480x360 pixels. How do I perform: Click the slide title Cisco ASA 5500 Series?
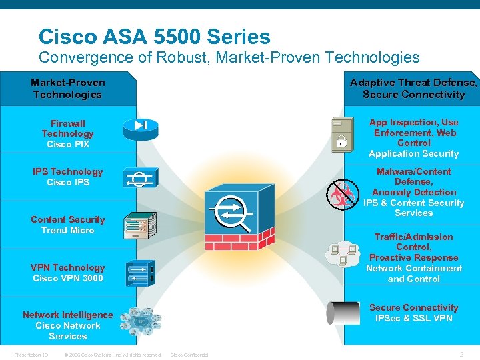(x=155, y=36)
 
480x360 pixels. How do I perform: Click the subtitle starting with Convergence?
(x=229, y=57)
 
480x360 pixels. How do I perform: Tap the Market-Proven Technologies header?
(x=67, y=89)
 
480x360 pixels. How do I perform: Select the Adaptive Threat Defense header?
(x=413, y=89)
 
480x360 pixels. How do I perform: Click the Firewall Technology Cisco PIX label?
(x=67, y=133)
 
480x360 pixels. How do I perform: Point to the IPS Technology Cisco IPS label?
(x=67, y=177)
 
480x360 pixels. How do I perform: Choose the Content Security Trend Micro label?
(x=67, y=225)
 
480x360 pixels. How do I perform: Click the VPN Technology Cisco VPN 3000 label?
(x=67, y=273)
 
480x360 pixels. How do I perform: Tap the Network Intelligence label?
(x=67, y=325)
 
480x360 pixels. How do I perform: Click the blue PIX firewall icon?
(x=139, y=126)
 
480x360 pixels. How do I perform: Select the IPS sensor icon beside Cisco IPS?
(x=139, y=177)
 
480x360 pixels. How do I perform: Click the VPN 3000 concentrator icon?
(x=140, y=273)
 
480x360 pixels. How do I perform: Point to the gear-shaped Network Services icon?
(x=141, y=321)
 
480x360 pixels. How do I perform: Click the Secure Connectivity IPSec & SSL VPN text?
(x=413, y=313)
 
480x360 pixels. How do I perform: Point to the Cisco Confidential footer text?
(x=189, y=355)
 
